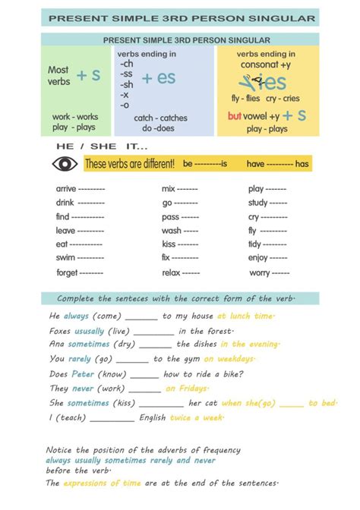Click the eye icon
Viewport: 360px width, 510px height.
(65, 163)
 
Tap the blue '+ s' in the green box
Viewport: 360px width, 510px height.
(89, 75)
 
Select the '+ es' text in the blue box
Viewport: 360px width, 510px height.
(159, 77)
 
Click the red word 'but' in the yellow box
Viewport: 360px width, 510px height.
(235, 116)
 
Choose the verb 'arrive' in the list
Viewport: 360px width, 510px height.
(66, 189)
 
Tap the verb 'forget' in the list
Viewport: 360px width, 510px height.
(67, 272)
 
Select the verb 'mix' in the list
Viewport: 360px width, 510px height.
(168, 189)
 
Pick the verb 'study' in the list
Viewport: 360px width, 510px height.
(258, 203)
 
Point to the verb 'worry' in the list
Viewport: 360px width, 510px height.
(260, 272)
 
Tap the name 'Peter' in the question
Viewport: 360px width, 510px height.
(84, 374)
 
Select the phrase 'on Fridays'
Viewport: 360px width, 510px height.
(186, 389)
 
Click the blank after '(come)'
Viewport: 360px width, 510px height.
(141, 316)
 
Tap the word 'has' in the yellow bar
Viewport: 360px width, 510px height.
(302, 163)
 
